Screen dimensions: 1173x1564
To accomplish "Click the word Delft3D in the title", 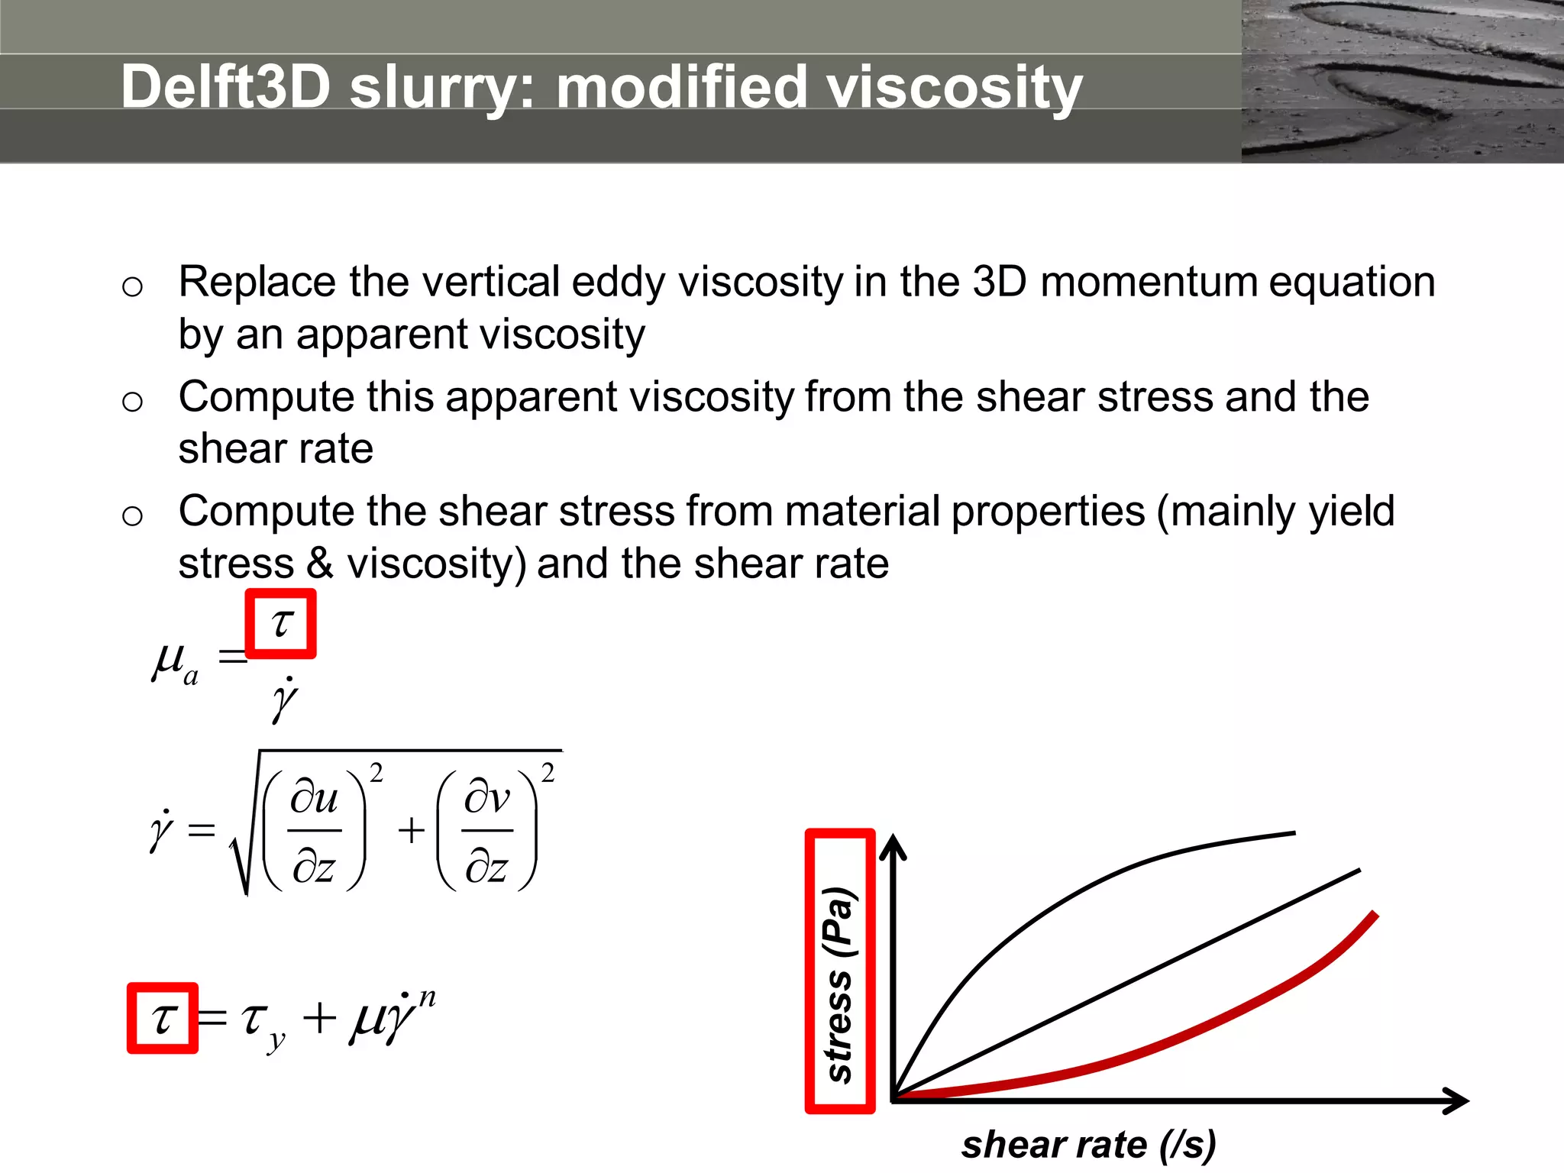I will [x=226, y=86].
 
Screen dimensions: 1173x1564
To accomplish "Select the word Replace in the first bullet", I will [x=257, y=282].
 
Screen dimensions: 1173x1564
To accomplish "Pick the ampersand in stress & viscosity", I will [x=321, y=564].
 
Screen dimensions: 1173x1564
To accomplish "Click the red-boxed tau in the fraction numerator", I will [x=281, y=623].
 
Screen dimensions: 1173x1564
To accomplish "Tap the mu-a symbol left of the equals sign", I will [x=175, y=661].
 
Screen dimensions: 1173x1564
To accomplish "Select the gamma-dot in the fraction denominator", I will [x=284, y=698].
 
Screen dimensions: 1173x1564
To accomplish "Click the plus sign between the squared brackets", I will [x=411, y=830].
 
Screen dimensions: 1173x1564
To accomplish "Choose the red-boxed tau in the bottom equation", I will [x=163, y=1018].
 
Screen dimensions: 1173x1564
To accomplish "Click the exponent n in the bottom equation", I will [x=427, y=997].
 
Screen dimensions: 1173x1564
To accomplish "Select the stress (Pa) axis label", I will [x=839, y=985].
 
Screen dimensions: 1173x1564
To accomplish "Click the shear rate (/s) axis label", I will [x=1088, y=1145].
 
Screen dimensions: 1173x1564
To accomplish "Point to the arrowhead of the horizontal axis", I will [x=1459, y=1100].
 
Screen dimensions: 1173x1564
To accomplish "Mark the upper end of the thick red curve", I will [x=1375, y=914].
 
